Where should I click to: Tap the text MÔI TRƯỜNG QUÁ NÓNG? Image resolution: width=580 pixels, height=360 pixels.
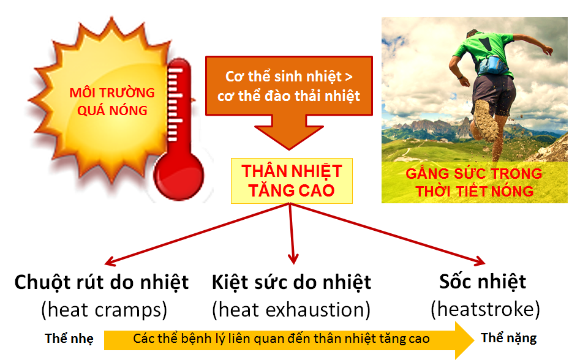click(111, 102)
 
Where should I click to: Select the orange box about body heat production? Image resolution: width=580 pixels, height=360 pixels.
click(288, 86)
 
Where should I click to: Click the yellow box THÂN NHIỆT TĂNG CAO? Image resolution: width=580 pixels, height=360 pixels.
click(292, 181)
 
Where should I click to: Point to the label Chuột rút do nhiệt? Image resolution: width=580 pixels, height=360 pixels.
click(101, 283)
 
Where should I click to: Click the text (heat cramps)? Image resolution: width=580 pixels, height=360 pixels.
click(104, 310)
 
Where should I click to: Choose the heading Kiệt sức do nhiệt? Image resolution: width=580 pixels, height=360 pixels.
click(292, 283)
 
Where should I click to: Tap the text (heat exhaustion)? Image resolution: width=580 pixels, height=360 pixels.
click(292, 310)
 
